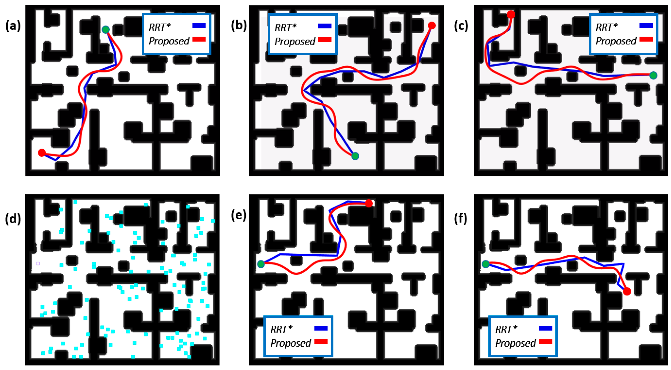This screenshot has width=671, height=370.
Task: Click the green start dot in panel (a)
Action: [x=106, y=29]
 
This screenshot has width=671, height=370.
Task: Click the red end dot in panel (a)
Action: [x=42, y=152]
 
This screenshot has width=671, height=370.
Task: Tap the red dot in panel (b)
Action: [x=432, y=25]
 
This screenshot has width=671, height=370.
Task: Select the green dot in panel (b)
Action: [x=355, y=156]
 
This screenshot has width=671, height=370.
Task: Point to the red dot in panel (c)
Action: [x=511, y=14]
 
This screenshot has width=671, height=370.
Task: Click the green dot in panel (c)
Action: [x=653, y=75]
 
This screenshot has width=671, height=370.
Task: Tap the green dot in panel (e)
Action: [x=261, y=264]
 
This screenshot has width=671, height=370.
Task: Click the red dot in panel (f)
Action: [x=627, y=291]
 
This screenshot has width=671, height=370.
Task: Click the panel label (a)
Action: [x=13, y=26]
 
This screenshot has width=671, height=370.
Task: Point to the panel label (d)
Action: [x=13, y=218]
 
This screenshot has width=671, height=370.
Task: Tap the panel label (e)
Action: [x=238, y=215]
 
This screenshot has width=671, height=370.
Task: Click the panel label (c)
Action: [x=461, y=26]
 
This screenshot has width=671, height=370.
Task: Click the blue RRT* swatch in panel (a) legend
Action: [x=199, y=26]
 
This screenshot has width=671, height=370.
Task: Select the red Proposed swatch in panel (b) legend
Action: [x=325, y=40]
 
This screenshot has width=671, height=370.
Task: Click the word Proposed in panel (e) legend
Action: [x=290, y=343]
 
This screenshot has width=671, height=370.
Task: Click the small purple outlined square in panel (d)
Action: [x=38, y=264]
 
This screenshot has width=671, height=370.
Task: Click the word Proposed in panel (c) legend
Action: [x=616, y=41]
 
